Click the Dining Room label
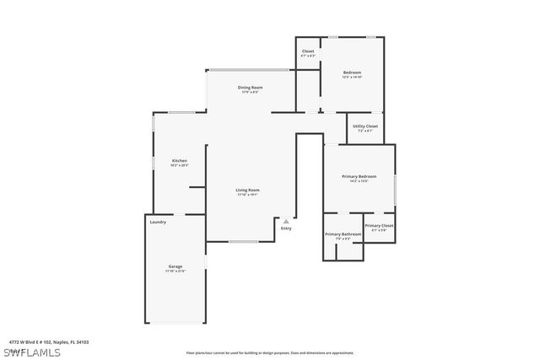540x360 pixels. (251, 88)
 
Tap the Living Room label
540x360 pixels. (247, 190)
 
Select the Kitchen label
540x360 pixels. (180, 160)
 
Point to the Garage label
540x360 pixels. (175, 266)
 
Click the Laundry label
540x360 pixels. (158, 223)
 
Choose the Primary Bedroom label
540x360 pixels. (359, 176)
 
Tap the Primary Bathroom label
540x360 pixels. (343, 234)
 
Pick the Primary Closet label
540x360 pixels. (379, 226)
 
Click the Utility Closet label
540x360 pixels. (365, 126)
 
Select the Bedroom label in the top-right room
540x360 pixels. (352, 73)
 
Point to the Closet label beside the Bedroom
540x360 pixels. (308, 51)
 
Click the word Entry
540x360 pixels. (286, 228)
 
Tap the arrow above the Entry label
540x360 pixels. (286, 222)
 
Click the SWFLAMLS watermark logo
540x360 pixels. (31, 351)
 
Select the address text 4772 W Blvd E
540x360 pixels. (49, 342)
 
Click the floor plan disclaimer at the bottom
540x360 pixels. (270, 352)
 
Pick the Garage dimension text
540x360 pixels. (175, 271)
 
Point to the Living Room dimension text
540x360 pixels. (247, 195)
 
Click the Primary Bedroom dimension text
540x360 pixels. (359, 181)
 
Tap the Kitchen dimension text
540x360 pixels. (180, 165)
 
